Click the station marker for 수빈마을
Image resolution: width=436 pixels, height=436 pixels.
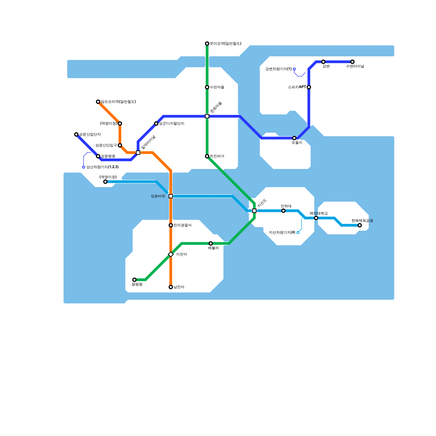(x=207, y=87)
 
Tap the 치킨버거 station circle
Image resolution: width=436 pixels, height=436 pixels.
(x=207, y=156)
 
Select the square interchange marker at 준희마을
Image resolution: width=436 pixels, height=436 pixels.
(x=207, y=116)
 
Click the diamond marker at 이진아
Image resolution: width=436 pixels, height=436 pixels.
(x=171, y=254)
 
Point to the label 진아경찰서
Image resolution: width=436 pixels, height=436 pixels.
(x=182, y=225)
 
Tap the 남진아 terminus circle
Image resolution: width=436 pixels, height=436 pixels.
(x=171, y=287)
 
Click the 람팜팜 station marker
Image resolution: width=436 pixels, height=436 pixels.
(x=134, y=280)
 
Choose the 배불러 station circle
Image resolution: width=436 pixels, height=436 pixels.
(x=211, y=243)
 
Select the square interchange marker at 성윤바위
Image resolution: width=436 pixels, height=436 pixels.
(x=171, y=196)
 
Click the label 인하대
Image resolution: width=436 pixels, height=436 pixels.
(x=286, y=206)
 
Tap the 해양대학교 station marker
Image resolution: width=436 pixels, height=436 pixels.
(x=316, y=218)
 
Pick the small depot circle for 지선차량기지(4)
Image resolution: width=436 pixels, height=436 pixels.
(x=298, y=232)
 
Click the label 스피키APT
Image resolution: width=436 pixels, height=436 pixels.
(x=297, y=87)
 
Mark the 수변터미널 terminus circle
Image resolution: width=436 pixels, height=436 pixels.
(x=352, y=62)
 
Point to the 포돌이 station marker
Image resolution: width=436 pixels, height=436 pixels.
(x=294, y=138)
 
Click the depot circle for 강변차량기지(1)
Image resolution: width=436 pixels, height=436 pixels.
(x=294, y=69)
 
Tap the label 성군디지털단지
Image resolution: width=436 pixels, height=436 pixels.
(x=171, y=124)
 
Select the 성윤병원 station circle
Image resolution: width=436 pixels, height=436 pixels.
(x=98, y=156)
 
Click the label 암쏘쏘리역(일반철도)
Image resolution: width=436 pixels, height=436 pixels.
(x=118, y=102)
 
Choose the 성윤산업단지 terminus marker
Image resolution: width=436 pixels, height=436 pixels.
(x=76, y=134)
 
